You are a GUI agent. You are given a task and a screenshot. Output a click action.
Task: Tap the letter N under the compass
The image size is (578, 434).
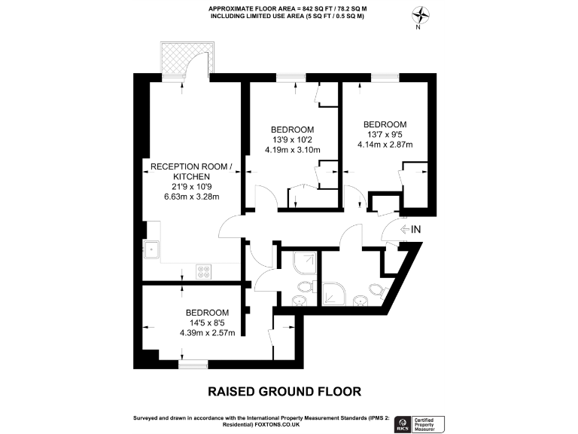(418, 28)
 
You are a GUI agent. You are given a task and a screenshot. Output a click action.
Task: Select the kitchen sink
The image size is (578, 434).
(152, 249)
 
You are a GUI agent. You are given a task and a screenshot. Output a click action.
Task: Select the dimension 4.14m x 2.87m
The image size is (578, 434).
(385, 145)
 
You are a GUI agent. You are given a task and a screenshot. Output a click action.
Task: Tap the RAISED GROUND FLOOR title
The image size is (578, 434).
(284, 391)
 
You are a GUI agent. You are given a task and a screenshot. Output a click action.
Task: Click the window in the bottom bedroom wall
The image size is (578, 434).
(193, 364)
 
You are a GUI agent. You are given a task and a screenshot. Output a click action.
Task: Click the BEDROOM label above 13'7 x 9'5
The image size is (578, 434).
(385, 124)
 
